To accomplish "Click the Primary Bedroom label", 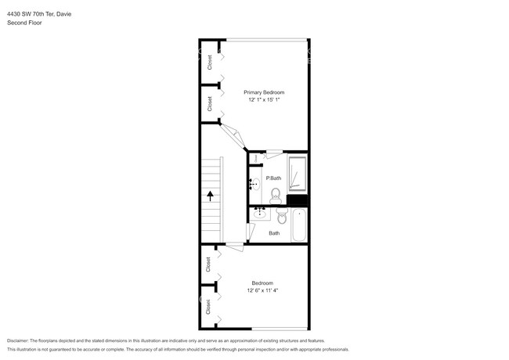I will pos(263,92).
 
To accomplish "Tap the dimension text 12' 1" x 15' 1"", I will pos(263,99).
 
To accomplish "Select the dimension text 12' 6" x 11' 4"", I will pos(263,290).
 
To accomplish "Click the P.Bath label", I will pos(273,178).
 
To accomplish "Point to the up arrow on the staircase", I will pos(210,197).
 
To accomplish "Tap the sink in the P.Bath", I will pos(254,185).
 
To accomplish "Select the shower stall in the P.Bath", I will pos(297,174).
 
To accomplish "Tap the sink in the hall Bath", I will pos(259,214).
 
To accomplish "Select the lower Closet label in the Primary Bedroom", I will pos(210,103).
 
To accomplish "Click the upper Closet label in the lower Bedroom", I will pos(209,265).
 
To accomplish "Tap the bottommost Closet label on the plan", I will pos(209,307).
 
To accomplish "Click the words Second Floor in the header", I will pos(25,23).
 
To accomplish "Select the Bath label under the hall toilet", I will pos(274,233).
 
